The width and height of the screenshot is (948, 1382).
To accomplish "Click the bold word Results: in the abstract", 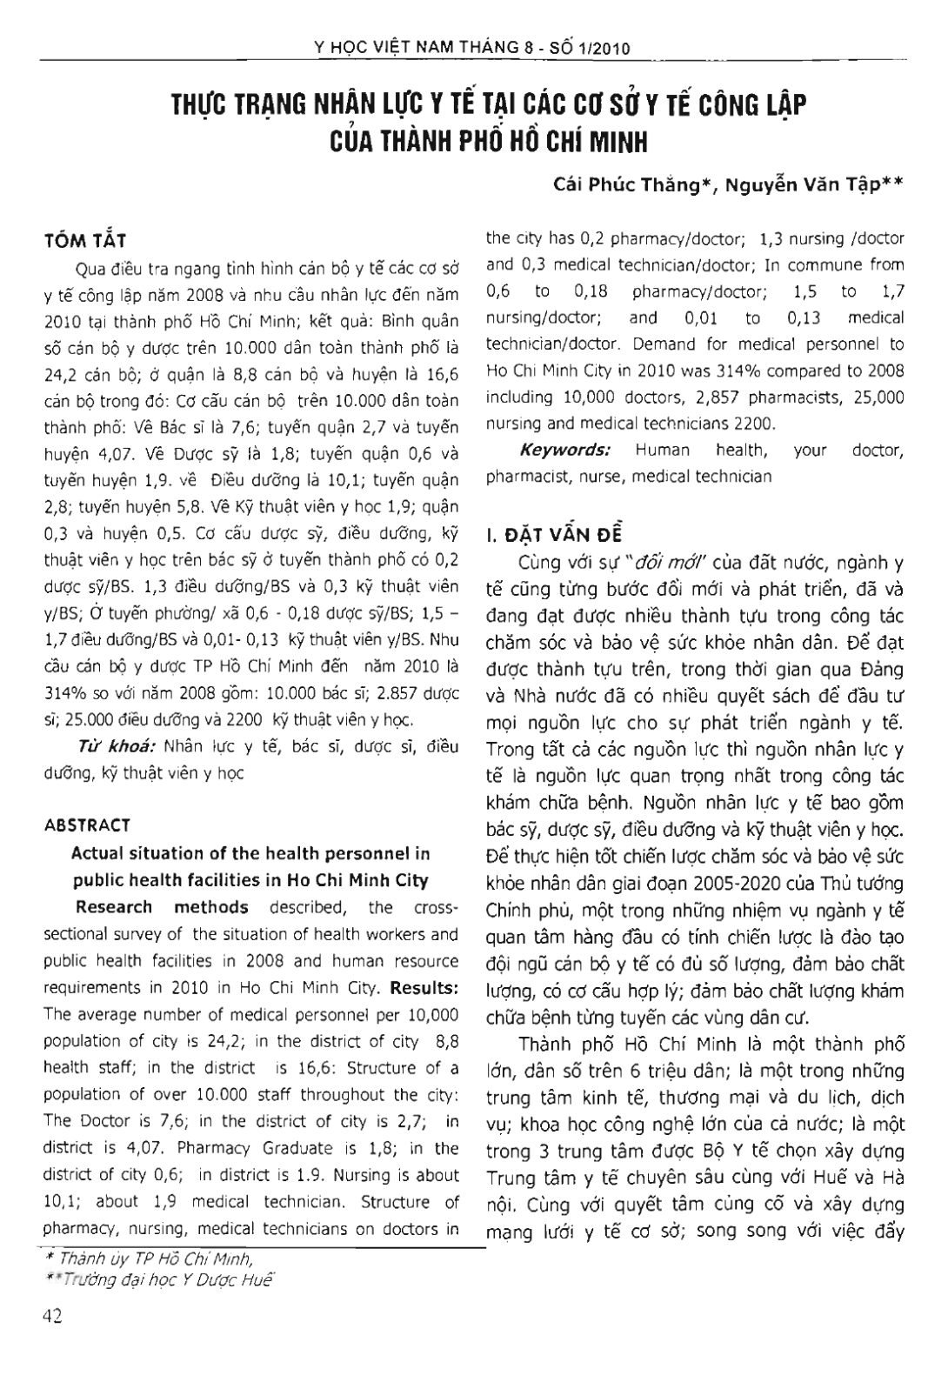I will click(x=424, y=988).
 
